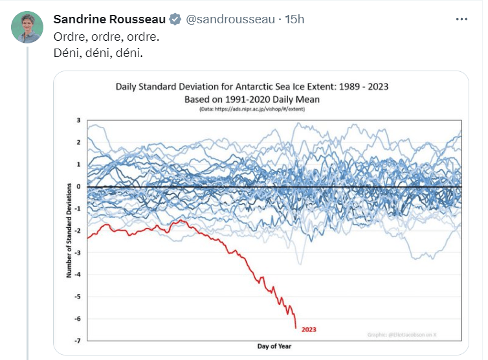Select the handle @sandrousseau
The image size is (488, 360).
[230, 19]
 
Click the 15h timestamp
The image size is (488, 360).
[294, 19]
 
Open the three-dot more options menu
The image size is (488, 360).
[461, 19]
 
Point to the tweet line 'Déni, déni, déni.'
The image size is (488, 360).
[97, 52]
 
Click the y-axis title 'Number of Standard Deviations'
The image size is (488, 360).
[69, 230]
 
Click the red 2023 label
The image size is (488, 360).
[309, 330]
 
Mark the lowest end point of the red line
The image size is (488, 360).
[296, 328]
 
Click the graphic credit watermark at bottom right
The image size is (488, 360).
[412, 334]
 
